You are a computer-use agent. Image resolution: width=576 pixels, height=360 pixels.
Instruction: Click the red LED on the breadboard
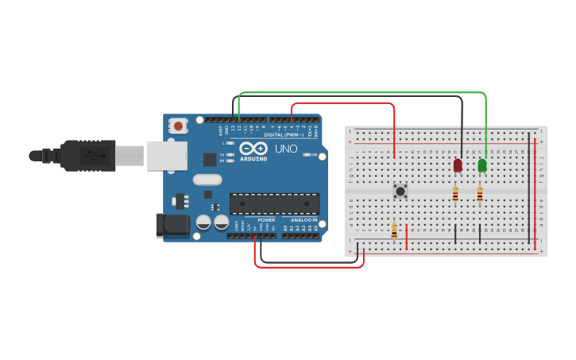pos(458,165)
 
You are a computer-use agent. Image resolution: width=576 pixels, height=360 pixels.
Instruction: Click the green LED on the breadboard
pos(482,165)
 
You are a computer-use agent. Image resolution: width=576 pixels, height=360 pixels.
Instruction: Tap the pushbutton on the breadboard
pos(400,191)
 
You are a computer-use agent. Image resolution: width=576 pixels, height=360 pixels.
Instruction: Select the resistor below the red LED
pos(455,193)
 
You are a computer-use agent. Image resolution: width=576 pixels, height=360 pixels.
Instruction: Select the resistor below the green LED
pos(480,193)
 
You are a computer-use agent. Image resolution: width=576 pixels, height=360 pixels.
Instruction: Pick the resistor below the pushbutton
pos(394,230)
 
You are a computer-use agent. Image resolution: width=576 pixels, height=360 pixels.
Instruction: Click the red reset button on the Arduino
pos(178,126)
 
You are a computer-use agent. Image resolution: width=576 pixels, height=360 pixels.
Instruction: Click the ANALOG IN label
pos(303,220)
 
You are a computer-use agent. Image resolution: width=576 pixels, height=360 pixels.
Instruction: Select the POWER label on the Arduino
pos(266,220)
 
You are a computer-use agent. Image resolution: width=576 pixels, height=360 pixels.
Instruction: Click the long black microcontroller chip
pos(274,203)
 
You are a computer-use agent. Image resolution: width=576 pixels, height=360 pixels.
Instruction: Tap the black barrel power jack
pos(173,226)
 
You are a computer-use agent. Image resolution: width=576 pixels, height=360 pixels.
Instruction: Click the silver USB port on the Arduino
pos(166,156)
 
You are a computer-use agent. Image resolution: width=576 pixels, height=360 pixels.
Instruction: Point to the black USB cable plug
pos(87,156)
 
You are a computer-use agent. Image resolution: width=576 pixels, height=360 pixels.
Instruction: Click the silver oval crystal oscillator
pos(207,180)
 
